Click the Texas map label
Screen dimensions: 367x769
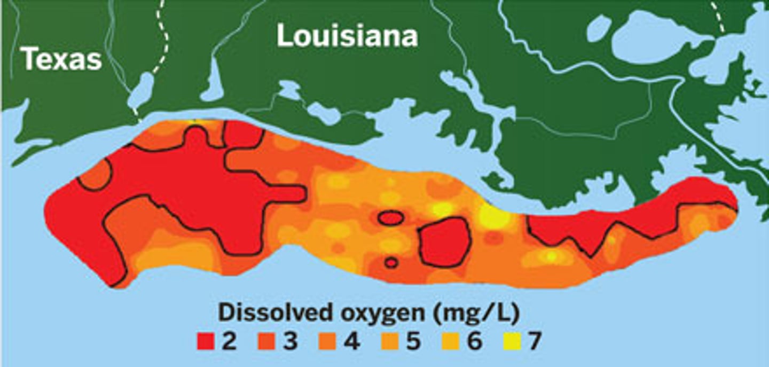click(x=61, y=59)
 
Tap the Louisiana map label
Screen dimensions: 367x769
click(x=347, y=37)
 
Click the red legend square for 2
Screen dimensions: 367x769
click(x=205, y=342)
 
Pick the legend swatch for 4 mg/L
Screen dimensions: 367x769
click(x=329, y=342)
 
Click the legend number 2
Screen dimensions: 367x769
click(x=229, y=342)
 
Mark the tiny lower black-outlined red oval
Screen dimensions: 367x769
click(x=391, y=262)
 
